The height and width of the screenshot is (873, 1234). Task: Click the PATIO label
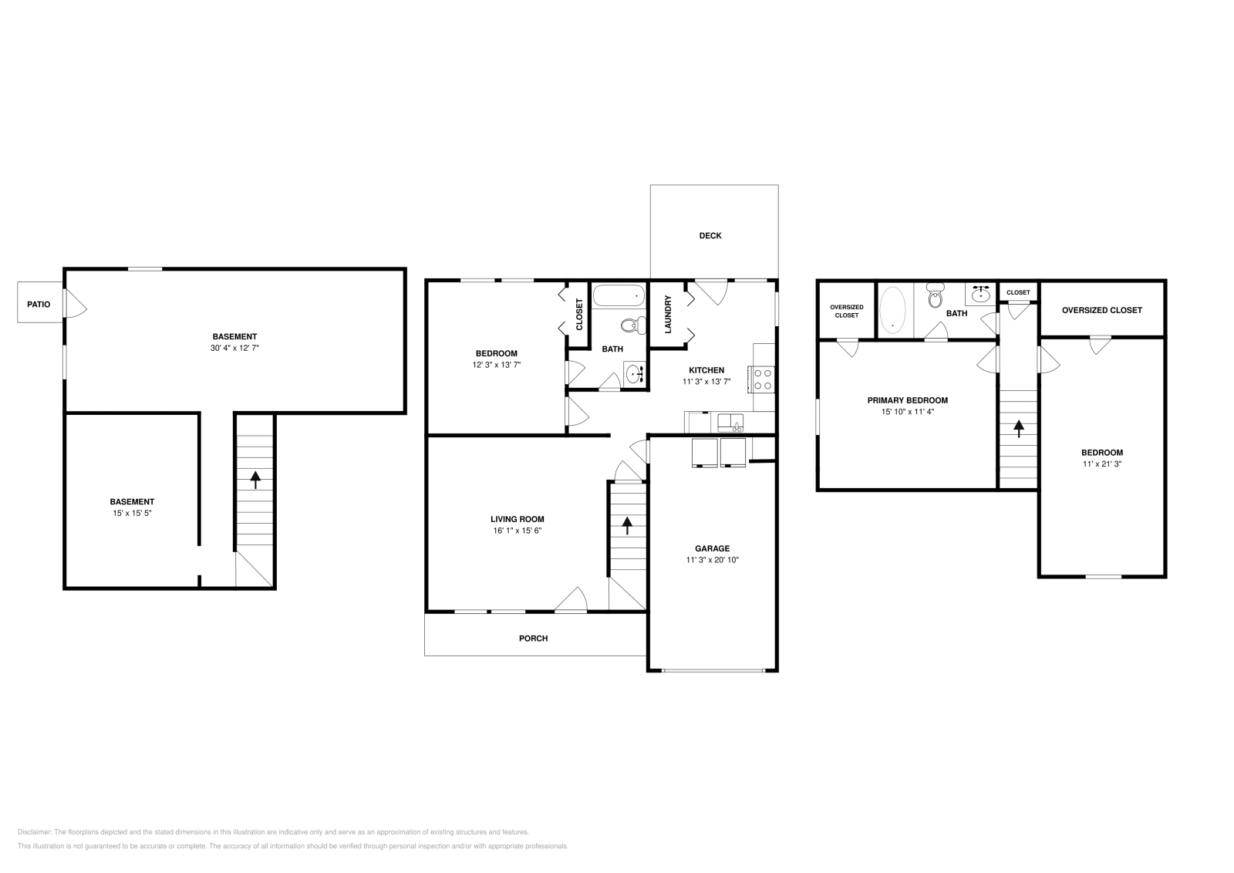point(39,304)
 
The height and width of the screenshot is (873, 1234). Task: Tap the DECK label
point(710,235)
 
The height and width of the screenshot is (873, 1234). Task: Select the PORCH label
point(533,638)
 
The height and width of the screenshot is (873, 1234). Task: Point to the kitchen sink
point(730,422)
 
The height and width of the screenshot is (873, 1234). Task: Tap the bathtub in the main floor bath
point(619,295)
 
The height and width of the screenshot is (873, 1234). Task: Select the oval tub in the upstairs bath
point(893,309)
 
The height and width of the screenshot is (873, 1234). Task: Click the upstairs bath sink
point(981,294)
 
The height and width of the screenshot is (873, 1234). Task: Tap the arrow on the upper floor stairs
point(1019,428)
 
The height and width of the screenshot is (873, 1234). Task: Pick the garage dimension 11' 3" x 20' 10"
point(712,560)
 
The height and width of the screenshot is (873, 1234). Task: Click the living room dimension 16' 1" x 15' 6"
point(518,531)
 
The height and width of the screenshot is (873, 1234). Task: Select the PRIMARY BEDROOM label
point(907,400)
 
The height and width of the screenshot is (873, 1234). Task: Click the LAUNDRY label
point(668,314)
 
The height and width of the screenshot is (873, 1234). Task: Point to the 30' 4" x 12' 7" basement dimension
point(234,348)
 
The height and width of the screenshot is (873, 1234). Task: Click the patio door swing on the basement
point(76,303)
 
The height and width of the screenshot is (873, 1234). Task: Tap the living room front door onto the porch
point(571,601)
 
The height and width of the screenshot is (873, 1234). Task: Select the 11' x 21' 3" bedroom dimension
point(1101,464)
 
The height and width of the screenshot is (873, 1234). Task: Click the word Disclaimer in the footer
point(34,832)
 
